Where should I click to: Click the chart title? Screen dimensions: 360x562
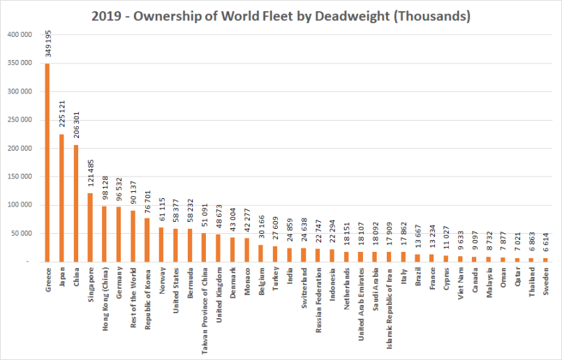click(x=281, y=15)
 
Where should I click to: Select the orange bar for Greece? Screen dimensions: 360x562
click(x=47, y=163)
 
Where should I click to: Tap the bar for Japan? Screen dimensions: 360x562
click(x=61, y=198)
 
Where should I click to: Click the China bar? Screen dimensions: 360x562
click(x=75, y=203)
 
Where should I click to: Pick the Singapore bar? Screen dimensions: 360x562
click(x=89, y=227)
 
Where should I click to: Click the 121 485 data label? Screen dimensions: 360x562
click(x=89, y=177)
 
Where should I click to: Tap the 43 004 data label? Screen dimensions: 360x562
click(x=232, y=224)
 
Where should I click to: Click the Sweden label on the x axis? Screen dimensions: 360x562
click(x=545, y=280)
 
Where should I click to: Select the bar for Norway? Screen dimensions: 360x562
click(x=161, y=244)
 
